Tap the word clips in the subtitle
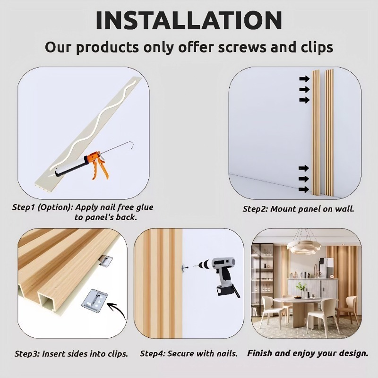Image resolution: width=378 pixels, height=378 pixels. pyautogui.click(x=311, y=47)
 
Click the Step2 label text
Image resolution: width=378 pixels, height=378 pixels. pyautogui.click(x=256, y=209)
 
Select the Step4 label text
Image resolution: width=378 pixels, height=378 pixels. pyautogui.click(x=153, y=353)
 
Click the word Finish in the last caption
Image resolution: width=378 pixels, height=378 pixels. pyautogui.click(x=261, y=353)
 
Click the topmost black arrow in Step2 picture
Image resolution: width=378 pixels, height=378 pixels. pyautogui.click(x=303, y=78)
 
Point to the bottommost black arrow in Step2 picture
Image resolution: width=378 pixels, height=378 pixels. pyautogui.click(x=303, y=189)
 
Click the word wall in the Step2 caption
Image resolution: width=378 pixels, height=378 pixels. pyautogui.click(x=344, y=209)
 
